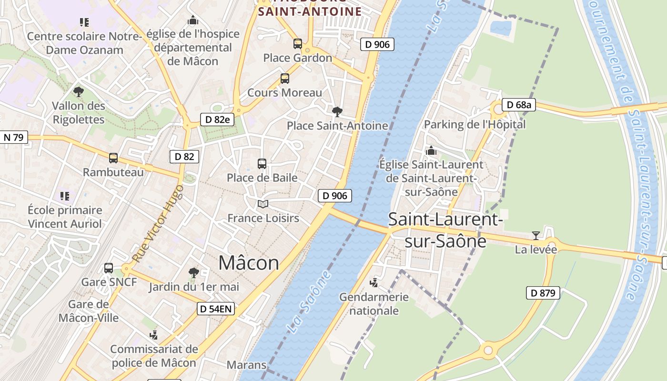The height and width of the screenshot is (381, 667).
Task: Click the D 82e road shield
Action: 217,119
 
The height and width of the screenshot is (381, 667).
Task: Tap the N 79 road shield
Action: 14,138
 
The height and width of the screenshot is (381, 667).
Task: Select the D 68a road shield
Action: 519,105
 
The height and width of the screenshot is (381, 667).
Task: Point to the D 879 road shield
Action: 543,293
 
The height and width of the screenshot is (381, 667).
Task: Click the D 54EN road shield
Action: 216,309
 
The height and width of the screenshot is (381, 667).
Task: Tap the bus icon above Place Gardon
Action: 298,44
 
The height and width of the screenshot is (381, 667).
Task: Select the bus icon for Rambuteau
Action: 113,158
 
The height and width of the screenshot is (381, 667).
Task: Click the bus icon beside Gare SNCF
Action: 109,268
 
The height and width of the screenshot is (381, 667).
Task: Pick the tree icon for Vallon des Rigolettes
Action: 78,92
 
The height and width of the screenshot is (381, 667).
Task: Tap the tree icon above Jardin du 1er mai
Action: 193,273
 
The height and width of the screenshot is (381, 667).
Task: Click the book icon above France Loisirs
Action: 263,204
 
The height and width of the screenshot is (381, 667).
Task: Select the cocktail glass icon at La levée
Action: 536,236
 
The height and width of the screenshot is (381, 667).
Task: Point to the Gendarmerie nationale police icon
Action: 374,283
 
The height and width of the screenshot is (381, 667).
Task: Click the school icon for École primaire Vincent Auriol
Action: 65,196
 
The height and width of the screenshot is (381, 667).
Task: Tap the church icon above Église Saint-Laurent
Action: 431,151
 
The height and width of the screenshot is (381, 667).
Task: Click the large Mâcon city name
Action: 249,263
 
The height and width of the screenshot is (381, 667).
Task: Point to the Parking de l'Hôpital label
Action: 475,124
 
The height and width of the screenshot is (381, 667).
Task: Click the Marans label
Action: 246,365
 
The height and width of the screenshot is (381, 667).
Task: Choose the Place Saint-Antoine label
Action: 337,126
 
